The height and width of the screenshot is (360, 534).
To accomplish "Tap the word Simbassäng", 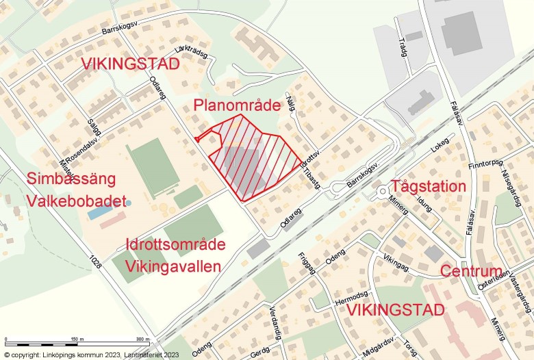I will pos(71,179).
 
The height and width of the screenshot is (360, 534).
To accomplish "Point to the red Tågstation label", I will pos(428,186).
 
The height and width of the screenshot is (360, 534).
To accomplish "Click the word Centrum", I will pos(471,271).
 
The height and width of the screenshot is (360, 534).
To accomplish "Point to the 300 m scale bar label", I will pos(142,339).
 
